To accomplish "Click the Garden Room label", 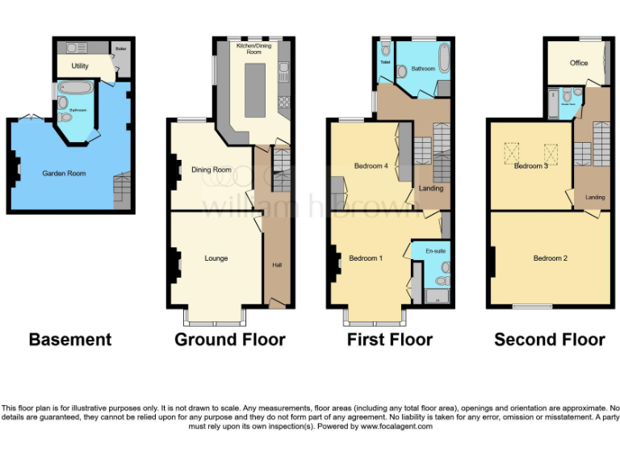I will (64, 173).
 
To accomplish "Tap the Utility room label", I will (80, 65).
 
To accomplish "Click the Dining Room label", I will (212, 170).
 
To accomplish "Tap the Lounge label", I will (216, 258).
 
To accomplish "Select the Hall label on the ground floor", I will (276, 265).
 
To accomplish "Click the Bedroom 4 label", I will (371, 166).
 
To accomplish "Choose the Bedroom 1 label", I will (366, 258).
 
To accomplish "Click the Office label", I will (578, 63).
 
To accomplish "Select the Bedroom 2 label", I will (550, 258).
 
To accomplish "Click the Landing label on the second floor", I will (595, 197).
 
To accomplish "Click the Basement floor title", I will (70, 340).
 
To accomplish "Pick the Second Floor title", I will (549, 340).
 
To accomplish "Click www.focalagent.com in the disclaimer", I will (396, 426).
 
